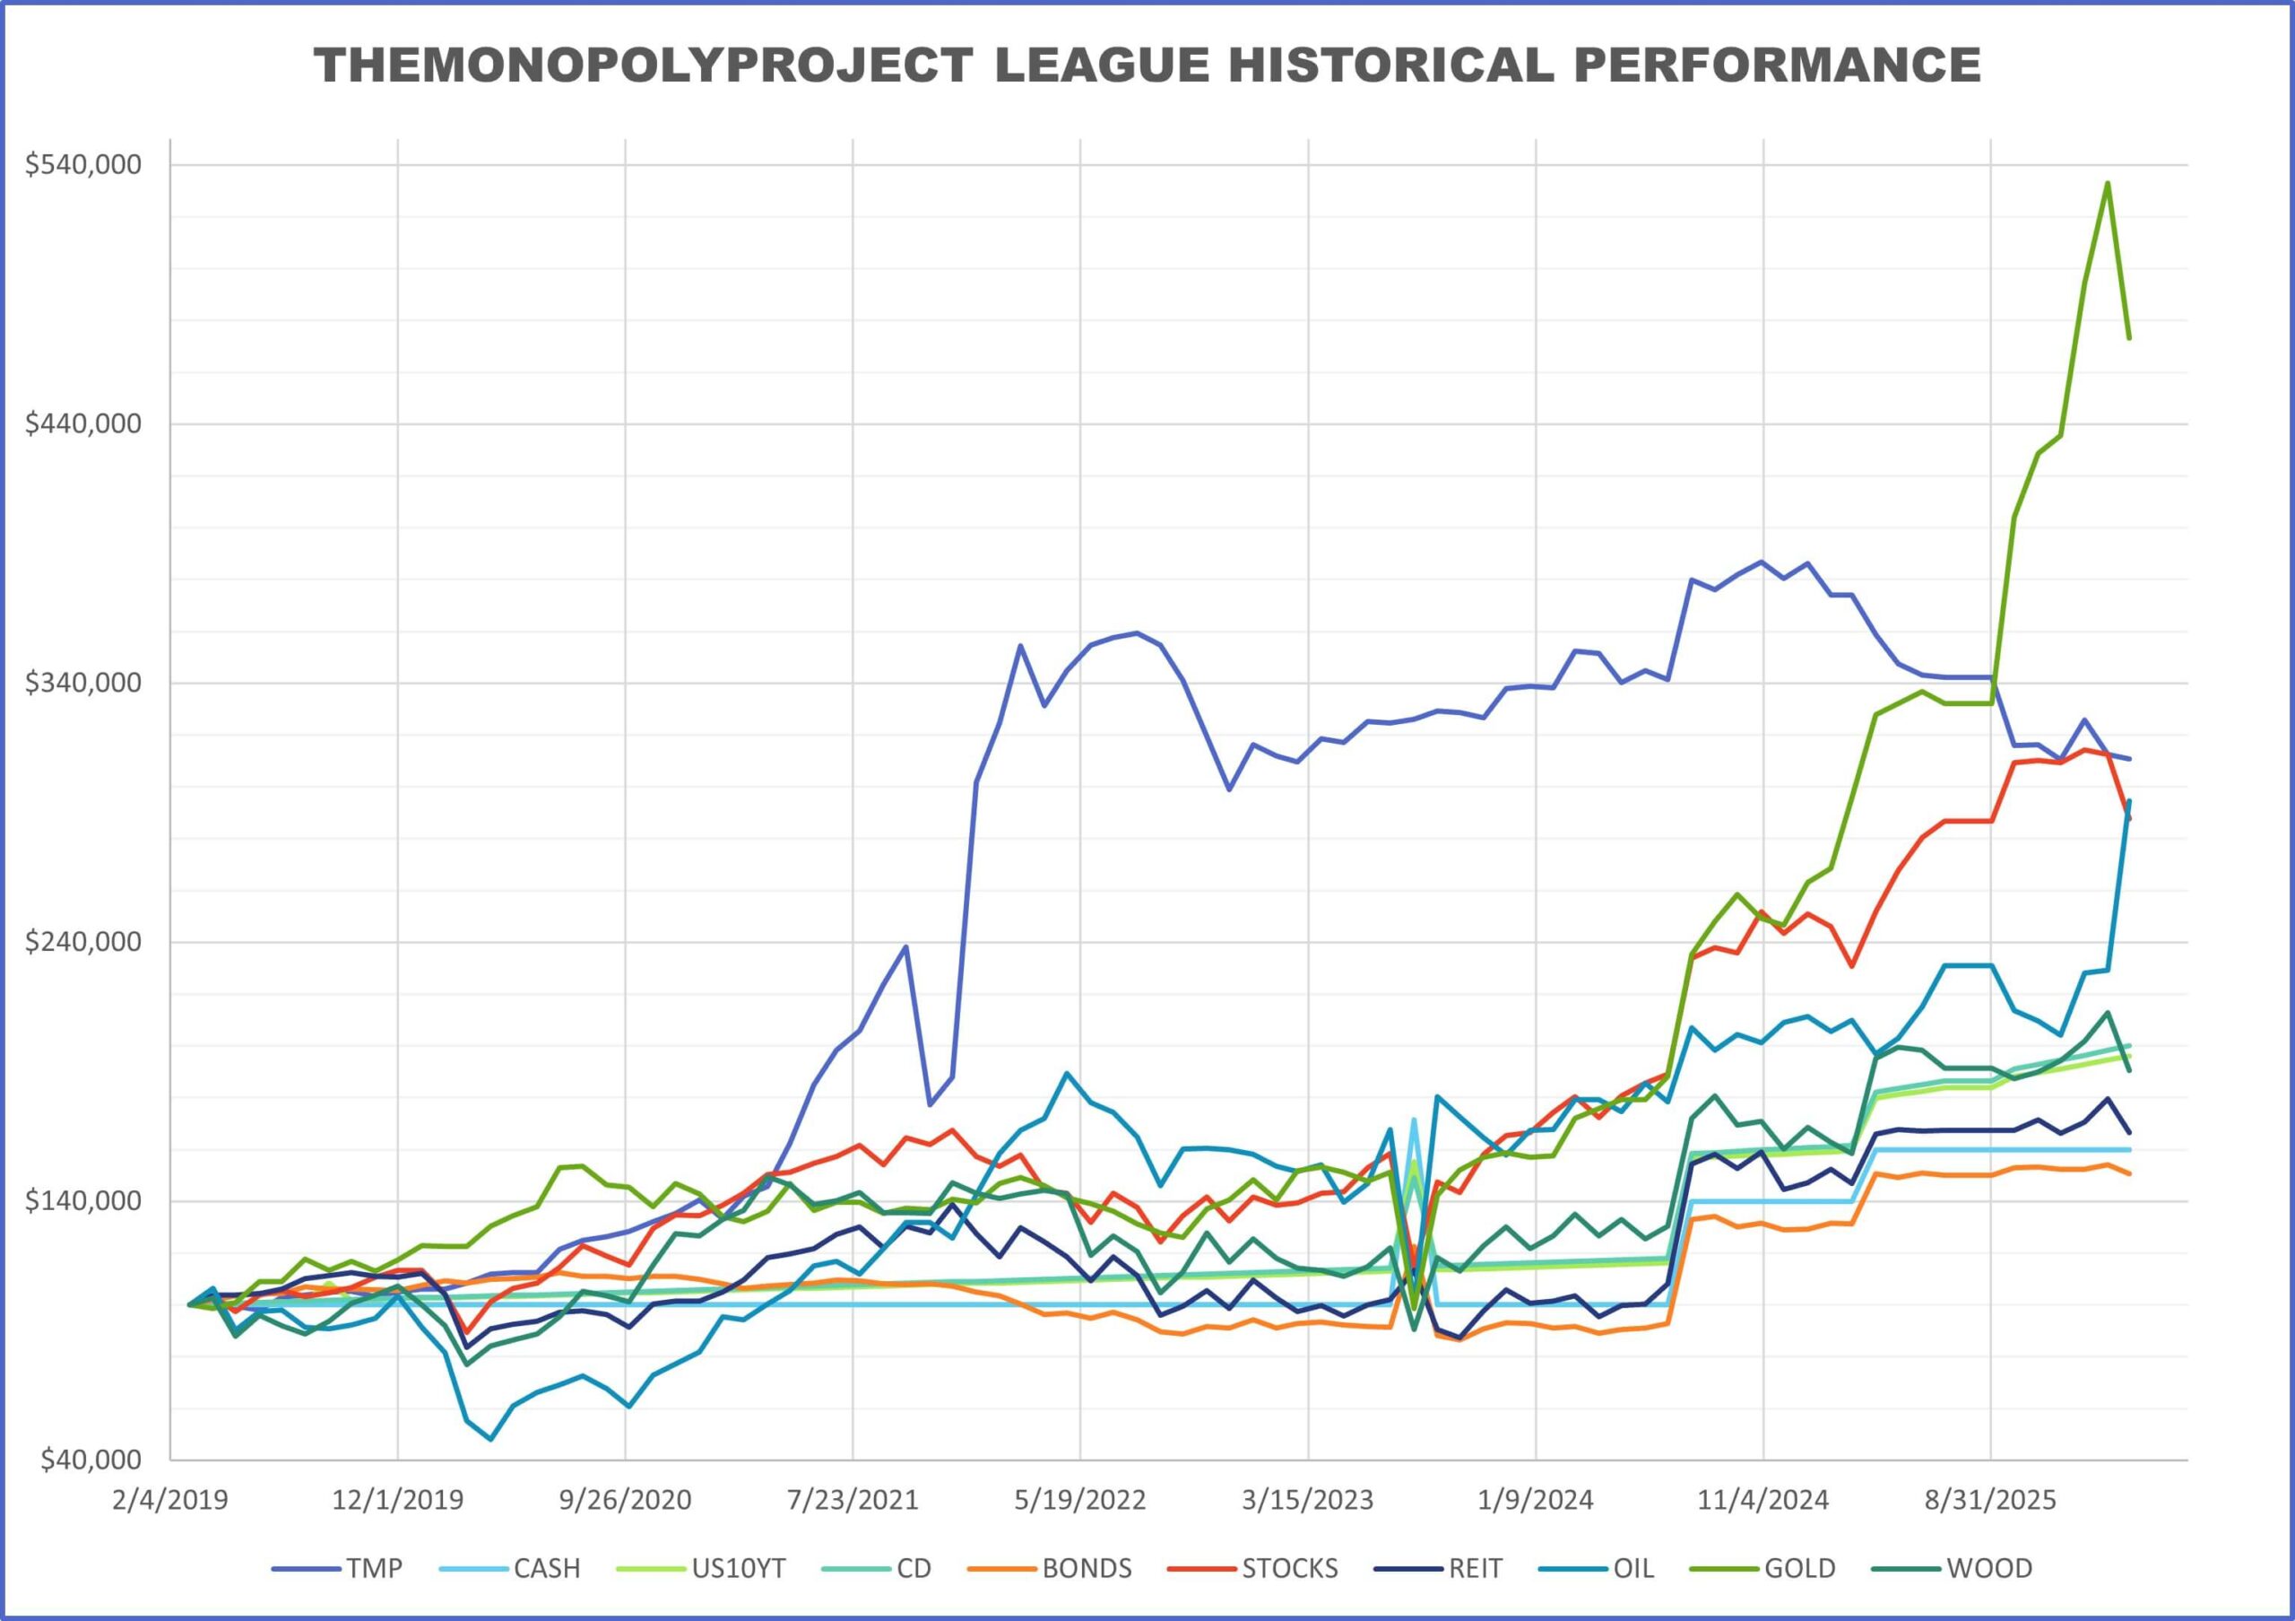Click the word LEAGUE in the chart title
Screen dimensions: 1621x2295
(x=1094, y=66)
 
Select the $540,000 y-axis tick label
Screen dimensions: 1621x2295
(x=84, y=164)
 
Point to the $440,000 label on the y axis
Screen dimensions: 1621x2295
(x=84, y=424)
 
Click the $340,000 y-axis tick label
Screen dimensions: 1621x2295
(x=84, y=683)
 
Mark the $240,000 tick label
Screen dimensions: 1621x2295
(x=84, y=942)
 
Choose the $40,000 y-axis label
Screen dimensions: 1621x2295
(x=90, y=1460)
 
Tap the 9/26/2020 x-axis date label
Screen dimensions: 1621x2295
(x=626, y=1500)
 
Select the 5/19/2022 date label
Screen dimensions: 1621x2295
(x=1080, y=1500)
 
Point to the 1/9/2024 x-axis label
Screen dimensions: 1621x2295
(x=1536, y=1500)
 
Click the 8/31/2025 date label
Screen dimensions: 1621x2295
(x=1990, y=1500)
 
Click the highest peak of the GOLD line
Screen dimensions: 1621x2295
(x=2107, y=183)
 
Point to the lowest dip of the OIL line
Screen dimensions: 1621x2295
(x=489, y=1439)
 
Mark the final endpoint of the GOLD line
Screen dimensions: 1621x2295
(x=2130, y=338)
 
